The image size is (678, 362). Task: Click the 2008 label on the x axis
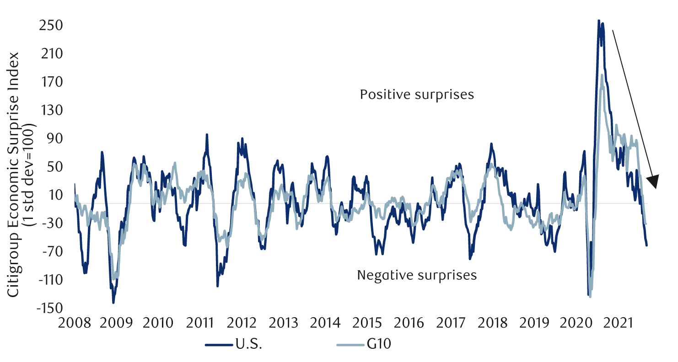[75, 323]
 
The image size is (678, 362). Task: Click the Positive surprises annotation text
[417, 95]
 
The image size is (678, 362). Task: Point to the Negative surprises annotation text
[417, 276]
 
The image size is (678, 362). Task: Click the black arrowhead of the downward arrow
[653, 181]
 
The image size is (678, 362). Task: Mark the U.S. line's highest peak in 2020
[599, 21]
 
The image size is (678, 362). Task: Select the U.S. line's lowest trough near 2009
[113, 302]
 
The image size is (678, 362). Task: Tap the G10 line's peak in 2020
[602, 75]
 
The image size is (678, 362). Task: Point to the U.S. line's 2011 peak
[207, 135]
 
